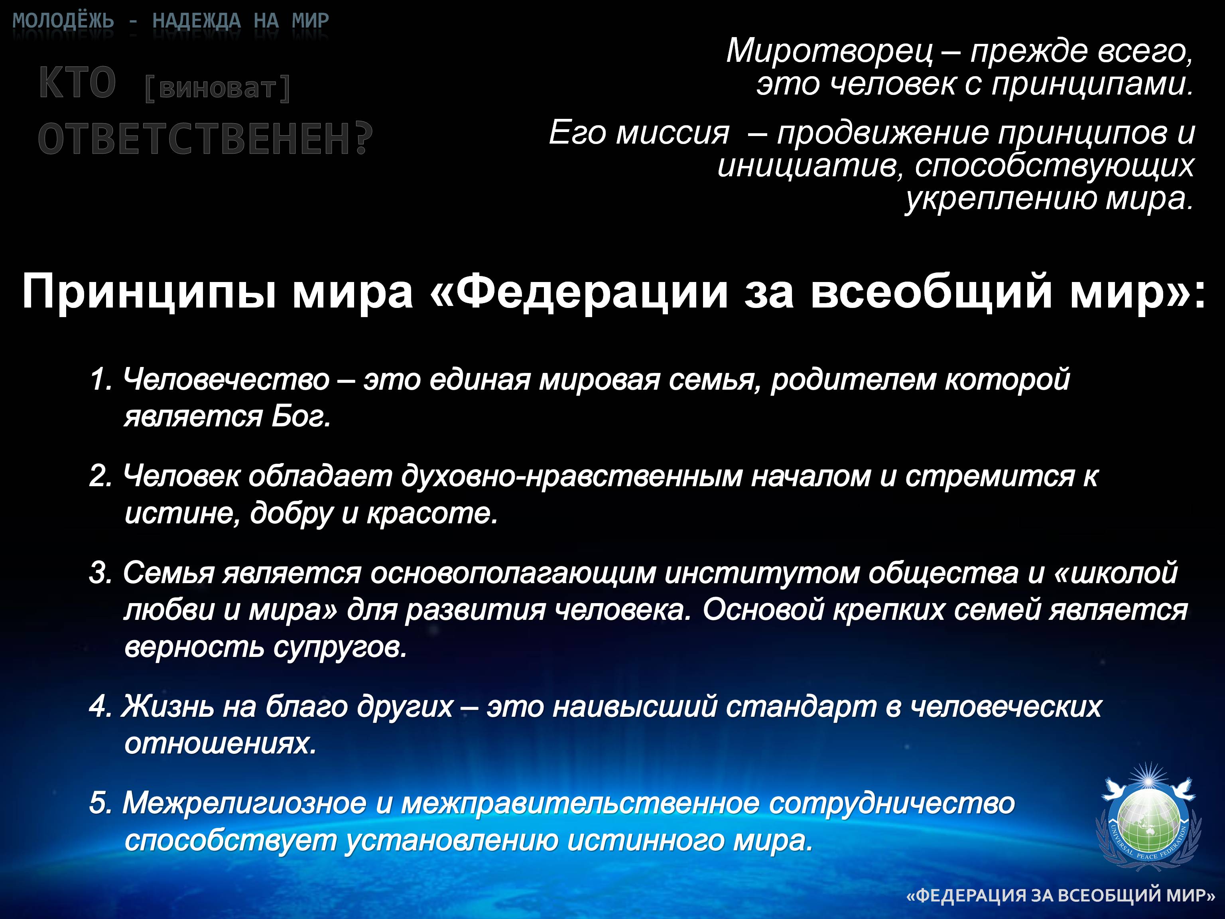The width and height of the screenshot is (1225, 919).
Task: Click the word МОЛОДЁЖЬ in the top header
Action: tap(63, 21)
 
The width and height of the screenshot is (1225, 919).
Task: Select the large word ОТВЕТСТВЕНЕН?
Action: tap(205, 138)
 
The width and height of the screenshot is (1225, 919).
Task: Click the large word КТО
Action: tap(77, 83)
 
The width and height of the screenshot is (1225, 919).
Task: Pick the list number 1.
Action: tap(100, 380)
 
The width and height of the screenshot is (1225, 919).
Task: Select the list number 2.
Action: tap(100, 476)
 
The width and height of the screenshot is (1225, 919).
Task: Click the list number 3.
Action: tap(100, 573)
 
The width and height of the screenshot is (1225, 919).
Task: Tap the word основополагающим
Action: tap(513, 573)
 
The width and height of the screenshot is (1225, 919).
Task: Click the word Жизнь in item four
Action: tap(167, 707)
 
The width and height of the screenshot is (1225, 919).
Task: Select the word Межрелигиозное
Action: tap(244, 804)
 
